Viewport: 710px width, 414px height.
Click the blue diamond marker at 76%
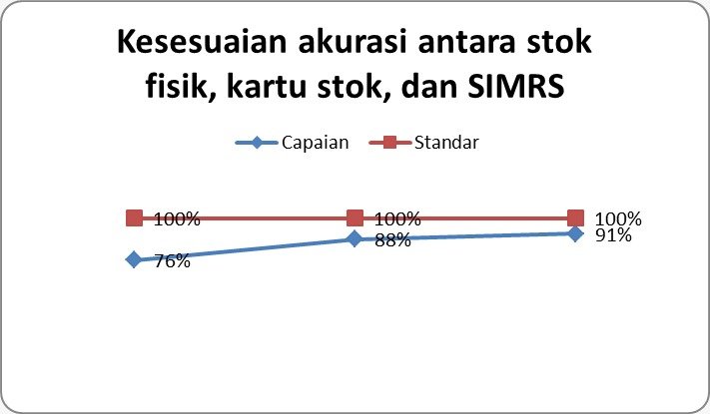pos(134,259)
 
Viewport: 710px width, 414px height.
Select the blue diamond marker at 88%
pos(355,238)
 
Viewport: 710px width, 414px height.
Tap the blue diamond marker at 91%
pos(575,233)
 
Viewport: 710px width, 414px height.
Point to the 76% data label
pos(172,261)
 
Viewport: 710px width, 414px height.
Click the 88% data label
pos(393,240)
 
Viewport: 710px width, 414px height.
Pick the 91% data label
pos(613,235)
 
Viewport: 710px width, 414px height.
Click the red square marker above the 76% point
pos(134,218)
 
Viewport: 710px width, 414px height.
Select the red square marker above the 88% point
pos(355,218)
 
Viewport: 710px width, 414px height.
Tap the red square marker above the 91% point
pos(575,218)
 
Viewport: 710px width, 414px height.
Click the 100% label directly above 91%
pos(618,219)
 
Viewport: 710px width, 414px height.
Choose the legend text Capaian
pos(316,143)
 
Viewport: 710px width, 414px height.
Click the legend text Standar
pos(446,143)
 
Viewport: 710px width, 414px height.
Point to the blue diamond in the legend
pos(257,143)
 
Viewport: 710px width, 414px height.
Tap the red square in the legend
pos(389,143)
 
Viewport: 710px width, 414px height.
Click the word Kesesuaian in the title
pos(202,42)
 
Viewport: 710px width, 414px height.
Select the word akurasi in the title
pos(352,42)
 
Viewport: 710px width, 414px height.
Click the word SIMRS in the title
pos(515,86)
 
